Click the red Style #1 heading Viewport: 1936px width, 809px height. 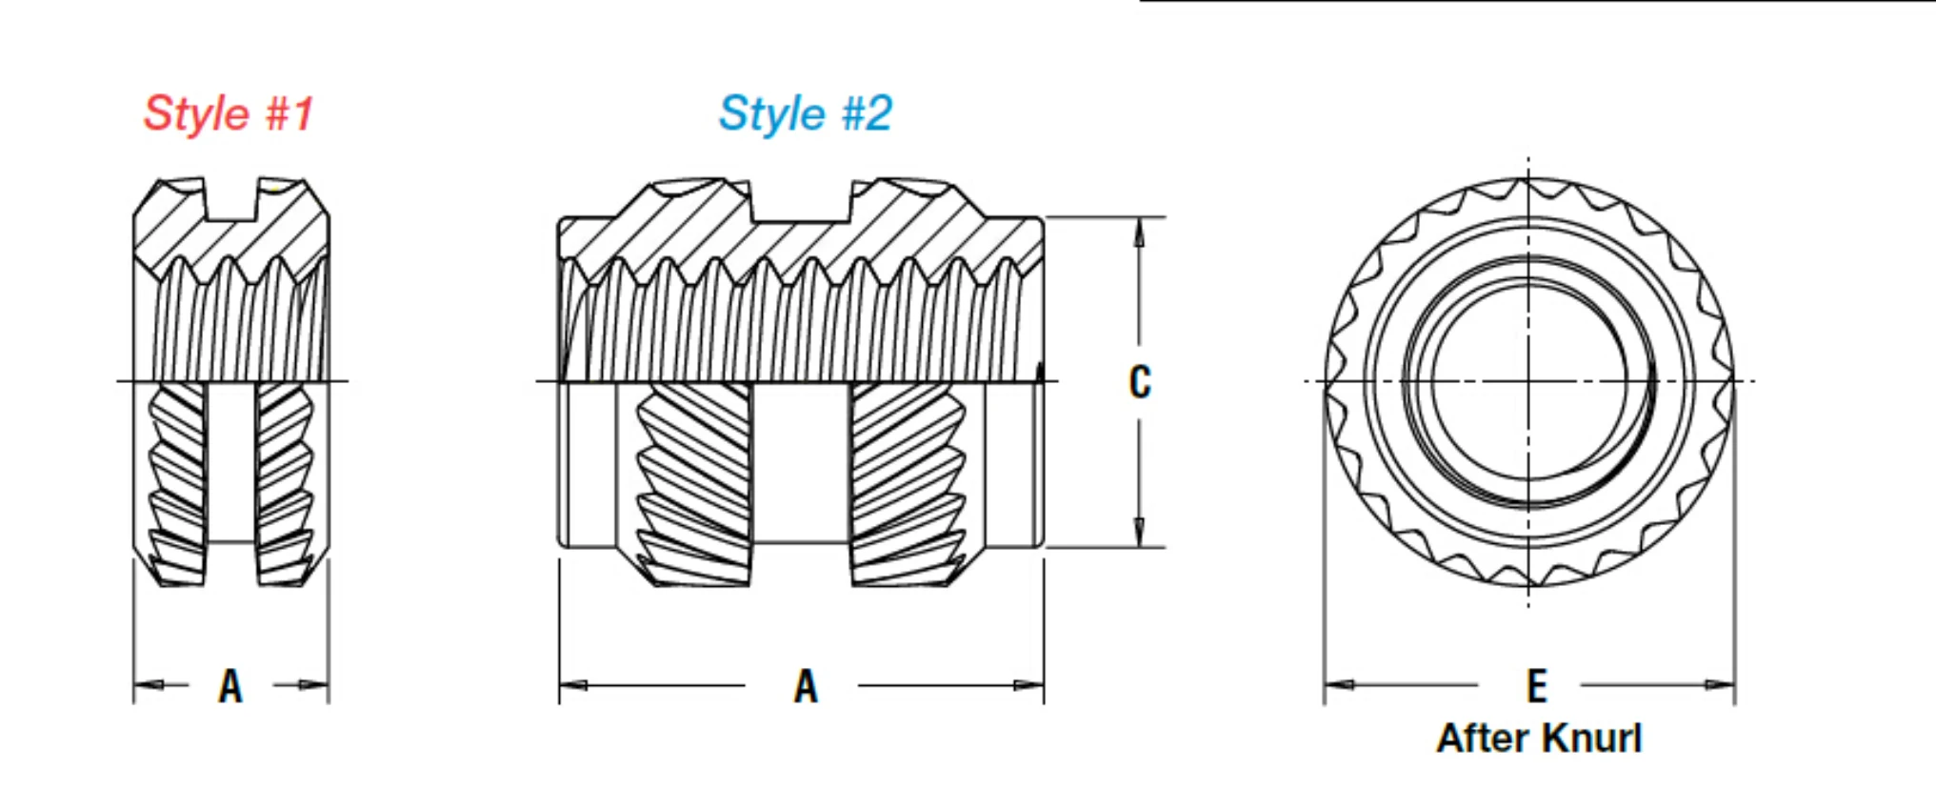coord(229,113)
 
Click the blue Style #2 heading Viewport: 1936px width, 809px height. coord(806,113)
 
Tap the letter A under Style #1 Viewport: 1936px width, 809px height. coord(230,686)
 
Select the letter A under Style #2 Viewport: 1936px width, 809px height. coord(806,686)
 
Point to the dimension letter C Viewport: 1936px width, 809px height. coord(1140,382)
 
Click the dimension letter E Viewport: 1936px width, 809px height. coord(1537,686)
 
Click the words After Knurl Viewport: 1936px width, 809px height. coord(1540,738)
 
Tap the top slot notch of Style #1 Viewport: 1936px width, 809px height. coord(231,199)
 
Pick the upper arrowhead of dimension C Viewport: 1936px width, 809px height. coord(1139,233)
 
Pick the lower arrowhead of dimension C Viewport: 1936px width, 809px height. coord(1139,533)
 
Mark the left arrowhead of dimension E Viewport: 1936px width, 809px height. coord(1339,684)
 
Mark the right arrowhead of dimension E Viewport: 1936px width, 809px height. coord(1720,684)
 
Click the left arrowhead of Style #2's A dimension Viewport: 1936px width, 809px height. coord(574,684)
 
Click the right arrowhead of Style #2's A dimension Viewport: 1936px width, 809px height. coord(1029,684)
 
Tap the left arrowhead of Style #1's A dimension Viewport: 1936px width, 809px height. coord(149,684)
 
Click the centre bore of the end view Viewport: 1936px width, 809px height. coord(1528,382)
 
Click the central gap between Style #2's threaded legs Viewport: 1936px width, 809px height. coord(800,463)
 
